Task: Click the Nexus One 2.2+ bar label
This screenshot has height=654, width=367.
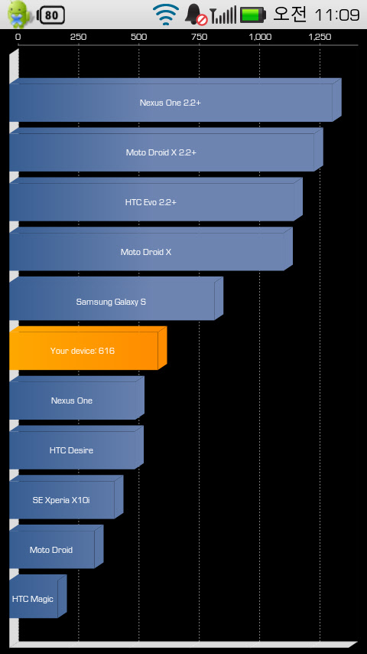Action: pyautogui.click(x=170, y=103)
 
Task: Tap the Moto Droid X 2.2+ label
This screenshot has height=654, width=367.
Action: pyautogui.click(x=161, y=152)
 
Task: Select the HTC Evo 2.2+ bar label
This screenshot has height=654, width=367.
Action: pyautogui.click(x=151, y=202)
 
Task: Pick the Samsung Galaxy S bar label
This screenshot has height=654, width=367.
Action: pyautogui.click(x=111, y=302)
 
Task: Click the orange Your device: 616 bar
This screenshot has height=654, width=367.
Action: pyautogui.click(x=88, y=348)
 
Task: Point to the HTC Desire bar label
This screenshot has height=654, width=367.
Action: pyautogui.click(x=71, y=450)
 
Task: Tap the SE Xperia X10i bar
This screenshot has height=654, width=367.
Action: pyautogui.click(x=67, y=497)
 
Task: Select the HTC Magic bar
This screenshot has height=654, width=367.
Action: pyautogui.click(x=38, y=596)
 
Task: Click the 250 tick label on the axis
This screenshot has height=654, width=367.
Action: pyautogui.click(x=78, y=37)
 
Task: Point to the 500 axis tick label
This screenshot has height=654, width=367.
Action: pyautogui.click(x=138, y=37)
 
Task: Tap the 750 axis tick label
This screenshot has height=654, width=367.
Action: pyautogui.click(x=199, y=37)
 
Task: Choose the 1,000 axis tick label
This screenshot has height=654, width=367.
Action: pyautogui.click(x=260, y=37)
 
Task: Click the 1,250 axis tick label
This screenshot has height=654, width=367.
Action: pyautogui.click(x=320, y=37)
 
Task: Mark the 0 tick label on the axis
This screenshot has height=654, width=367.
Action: pyautogui.click(x=18, y=37)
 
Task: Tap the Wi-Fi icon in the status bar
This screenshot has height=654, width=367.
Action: pyautogui.click(x=166, y=15)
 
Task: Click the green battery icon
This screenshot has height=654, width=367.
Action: pyautogui.click(x=252, y=15)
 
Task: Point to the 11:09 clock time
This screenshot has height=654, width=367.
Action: pyautogui.click(x=336, y=15)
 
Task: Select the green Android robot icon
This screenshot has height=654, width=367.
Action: pyautogui.click(x=19, y=13)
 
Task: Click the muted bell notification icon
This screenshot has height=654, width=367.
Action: pyautogui.click(x=196, y=15)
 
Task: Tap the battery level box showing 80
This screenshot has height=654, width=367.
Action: pyautogui.click(x=50, y=15)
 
